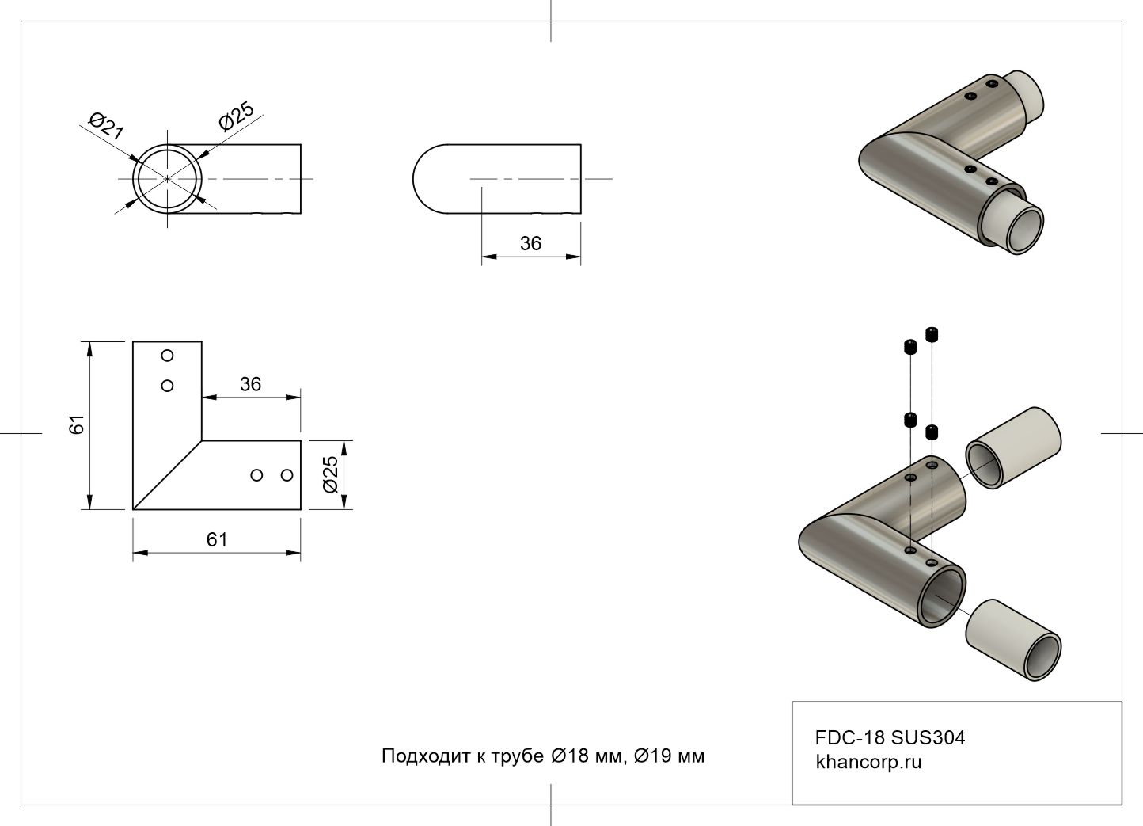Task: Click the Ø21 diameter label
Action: pos(106,127)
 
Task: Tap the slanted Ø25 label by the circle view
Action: pos(236,116)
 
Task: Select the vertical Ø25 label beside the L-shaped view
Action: pos(331,474)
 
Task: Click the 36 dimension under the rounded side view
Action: pos(530,244)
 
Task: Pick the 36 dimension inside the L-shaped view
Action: pos(250,384)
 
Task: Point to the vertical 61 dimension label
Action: pos(77,424)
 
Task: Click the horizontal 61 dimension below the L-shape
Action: pos(217,539)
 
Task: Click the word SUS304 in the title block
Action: pos(928,737)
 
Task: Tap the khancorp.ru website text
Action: pos(868,763)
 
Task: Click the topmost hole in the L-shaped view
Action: pos(167,356)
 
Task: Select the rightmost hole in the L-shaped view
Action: pos(287,475)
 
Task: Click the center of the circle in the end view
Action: pos(167,179)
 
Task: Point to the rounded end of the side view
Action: pos(431,179)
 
